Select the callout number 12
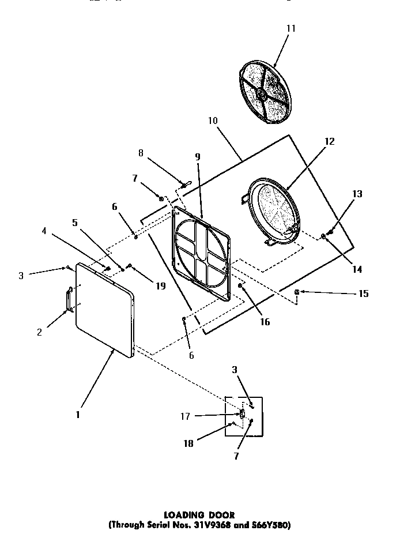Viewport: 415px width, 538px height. [330, 142]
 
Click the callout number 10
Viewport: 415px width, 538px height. [213, 121]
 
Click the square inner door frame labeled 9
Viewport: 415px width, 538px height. [202, 252]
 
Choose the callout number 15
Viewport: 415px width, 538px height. [363, 294]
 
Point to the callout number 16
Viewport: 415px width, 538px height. [265, 322]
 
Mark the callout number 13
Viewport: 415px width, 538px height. [357, 194]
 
